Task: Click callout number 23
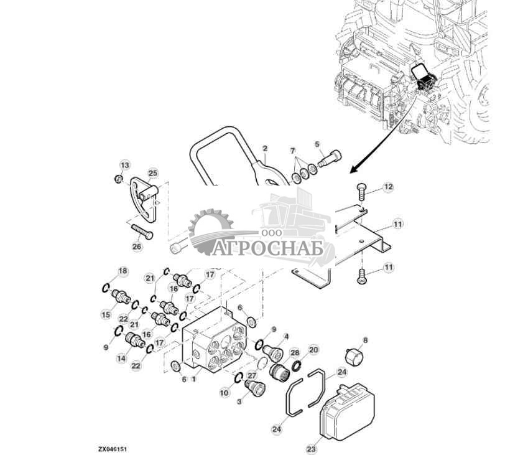tap(311, 447)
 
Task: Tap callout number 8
tap(365, 340)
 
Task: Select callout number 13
tap(125, 165)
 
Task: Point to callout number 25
tap(153, 172)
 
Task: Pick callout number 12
tap(388, 186)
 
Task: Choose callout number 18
tap(123, 271)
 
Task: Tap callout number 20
tap(313, 350)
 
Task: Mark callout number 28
tap(295, 353)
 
